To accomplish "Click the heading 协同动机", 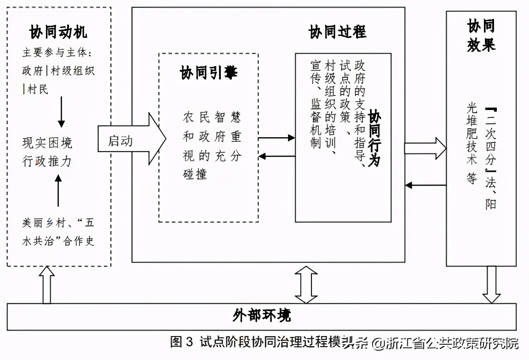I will pos(58,32).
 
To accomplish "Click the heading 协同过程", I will pos(337,32).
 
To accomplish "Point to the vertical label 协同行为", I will pos(374,138).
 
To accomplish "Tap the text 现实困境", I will pos(47,143).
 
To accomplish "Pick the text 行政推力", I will pos(47,162).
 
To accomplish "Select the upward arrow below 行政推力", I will pos(58,192).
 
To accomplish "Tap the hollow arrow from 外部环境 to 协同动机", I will pos(47,285).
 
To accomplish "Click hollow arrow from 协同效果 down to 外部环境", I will pos(491,285).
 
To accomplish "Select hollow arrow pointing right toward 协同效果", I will pos(425,148).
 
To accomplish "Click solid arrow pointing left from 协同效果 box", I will pos(425,185).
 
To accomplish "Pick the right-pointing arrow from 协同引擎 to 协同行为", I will pos(276,138).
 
